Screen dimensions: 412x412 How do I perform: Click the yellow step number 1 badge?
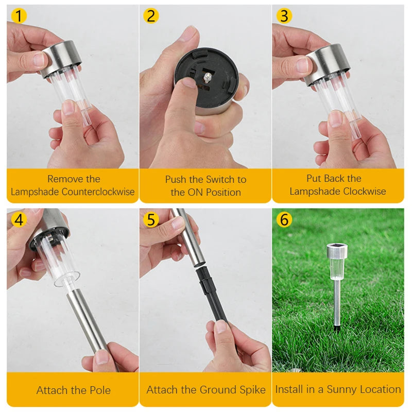click(x=19, y=16)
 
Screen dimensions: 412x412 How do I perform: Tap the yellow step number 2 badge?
click(x=150, y=16)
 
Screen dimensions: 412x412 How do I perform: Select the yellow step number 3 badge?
click(x=284, y=16)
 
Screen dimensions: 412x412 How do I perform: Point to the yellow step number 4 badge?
click(x=19, y=220)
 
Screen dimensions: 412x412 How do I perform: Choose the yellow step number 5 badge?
click(x=150, y=220)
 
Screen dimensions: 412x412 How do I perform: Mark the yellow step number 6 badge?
click(x=284, y=219)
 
